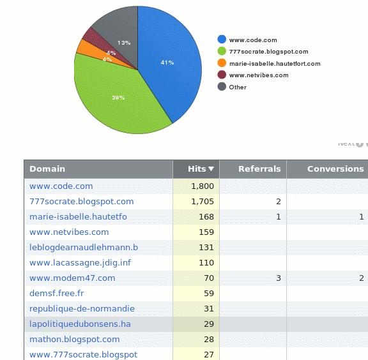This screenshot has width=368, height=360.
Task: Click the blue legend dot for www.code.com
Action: click(222, 40)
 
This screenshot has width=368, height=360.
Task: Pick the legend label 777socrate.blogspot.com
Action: click(268, 52)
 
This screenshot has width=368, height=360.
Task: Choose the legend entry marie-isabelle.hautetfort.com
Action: click(275, 64)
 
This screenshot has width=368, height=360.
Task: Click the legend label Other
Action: click(238, 87)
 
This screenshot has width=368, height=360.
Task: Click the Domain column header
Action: click(47, 169)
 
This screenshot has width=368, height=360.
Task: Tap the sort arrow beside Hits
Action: click(211, 169)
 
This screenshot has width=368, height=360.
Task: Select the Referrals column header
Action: click(259, 169)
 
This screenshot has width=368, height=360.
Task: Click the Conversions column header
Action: click(335, 169)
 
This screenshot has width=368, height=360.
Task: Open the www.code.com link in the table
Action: click(61, 186)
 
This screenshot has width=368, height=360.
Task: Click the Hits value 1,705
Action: click(203, 202)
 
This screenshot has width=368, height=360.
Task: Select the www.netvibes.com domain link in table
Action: click(69, 232)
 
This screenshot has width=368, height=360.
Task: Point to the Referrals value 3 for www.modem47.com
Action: click(279, 278)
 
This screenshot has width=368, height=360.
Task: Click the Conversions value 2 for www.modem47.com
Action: click(362, 278)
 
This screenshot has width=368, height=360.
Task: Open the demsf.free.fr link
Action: click(57, 294)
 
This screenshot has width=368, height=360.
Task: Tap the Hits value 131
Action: click(206, 248)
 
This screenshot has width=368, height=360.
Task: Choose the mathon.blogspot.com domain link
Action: click(75, 340)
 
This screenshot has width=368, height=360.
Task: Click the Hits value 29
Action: click(208, 324)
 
